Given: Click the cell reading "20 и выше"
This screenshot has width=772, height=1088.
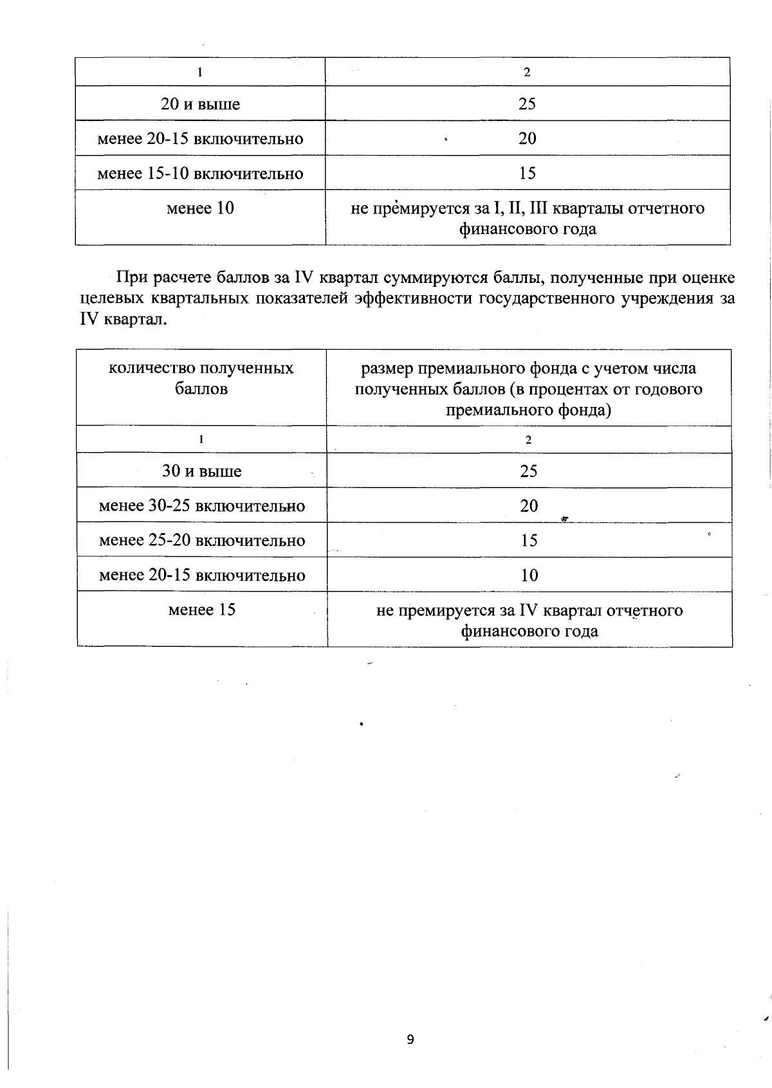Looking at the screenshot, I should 200,104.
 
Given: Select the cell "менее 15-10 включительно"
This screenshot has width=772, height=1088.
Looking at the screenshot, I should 200,174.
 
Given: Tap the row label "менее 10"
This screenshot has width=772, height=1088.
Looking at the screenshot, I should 200,208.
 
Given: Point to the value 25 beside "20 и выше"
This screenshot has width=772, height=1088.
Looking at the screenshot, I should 527,104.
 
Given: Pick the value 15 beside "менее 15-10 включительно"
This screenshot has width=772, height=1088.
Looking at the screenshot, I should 527,174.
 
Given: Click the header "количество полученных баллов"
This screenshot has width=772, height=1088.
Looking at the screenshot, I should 201,378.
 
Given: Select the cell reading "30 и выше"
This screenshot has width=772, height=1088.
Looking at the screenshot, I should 201,471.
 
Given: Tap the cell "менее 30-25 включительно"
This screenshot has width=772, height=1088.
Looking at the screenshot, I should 201,506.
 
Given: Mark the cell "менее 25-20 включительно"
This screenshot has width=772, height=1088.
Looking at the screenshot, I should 201,541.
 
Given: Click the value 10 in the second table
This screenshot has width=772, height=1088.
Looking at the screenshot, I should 529,576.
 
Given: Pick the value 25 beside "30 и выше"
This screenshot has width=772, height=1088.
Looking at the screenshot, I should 529,471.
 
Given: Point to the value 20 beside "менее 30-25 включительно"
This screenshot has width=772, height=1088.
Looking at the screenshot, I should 529,506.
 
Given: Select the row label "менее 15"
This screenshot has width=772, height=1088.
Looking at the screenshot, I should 201,610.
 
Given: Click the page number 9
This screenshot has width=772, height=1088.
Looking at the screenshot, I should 410,1040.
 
